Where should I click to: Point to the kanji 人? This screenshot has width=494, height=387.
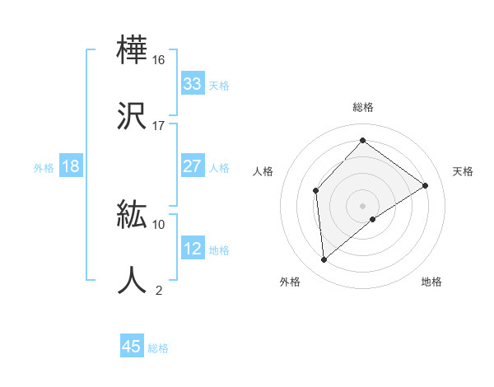pos(132,280)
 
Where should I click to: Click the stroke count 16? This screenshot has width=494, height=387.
pos(159,60)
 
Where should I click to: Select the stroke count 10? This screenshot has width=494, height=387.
pos(159,224)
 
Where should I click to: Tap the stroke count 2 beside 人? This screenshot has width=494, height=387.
pos(159,290)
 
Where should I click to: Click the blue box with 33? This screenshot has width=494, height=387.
pos(193,84)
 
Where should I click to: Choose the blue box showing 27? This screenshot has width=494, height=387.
pos(193,166)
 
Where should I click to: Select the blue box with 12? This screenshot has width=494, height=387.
pos(193,249)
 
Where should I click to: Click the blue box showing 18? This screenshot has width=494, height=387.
pos(71,166)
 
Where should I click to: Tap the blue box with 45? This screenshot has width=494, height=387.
pos(132,347)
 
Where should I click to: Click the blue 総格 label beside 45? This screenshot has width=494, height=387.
pos(158,348)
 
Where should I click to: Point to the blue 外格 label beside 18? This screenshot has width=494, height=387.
pos(44,168)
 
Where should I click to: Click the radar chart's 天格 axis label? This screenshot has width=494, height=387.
pos(463,171)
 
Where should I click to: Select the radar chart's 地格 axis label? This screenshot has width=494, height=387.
pos(431,282)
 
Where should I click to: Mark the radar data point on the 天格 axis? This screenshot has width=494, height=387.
pos(426,185)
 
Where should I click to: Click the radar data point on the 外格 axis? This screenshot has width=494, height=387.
pos(324,260)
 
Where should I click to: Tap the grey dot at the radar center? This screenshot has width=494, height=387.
pos(362,205)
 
